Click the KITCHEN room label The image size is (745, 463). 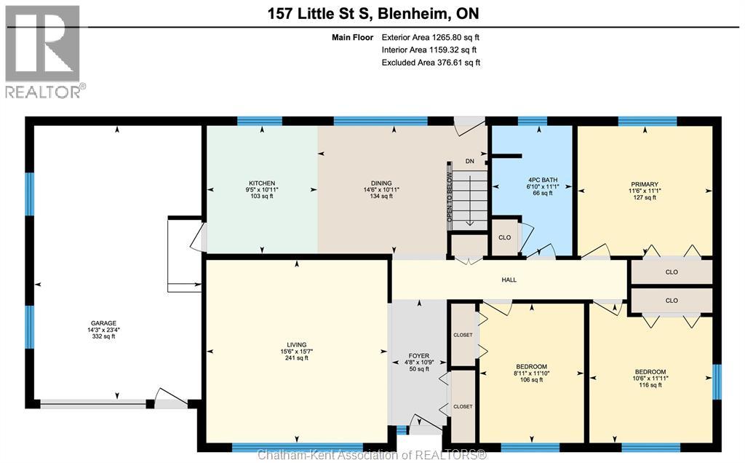261,183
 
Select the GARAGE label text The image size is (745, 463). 103,323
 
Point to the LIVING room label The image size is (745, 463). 296,344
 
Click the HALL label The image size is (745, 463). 509,280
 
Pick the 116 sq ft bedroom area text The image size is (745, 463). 650,384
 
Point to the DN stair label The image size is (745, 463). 470,162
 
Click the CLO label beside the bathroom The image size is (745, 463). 504,237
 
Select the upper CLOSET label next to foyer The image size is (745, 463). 463,335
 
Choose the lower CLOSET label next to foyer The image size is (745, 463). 463,406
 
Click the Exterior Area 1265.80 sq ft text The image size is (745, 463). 431,36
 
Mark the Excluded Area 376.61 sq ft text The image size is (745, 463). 431,63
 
